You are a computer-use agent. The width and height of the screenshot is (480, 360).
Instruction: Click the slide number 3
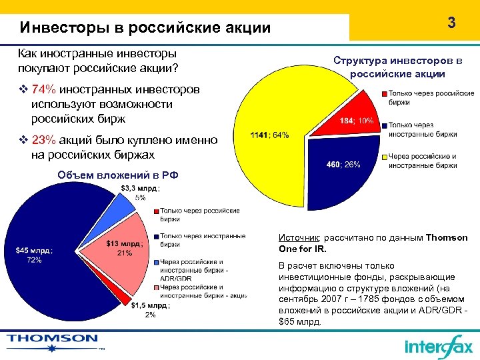[x=451, y=23]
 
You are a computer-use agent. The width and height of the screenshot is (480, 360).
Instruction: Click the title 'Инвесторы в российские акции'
[x=145, y=28]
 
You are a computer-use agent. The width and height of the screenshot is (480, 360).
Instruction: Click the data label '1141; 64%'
[x=269, y=135]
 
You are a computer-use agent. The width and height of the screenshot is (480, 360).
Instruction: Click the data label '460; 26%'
[x=343, y=165]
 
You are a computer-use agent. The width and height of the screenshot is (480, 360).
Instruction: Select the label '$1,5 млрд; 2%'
[x=150, y=310]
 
